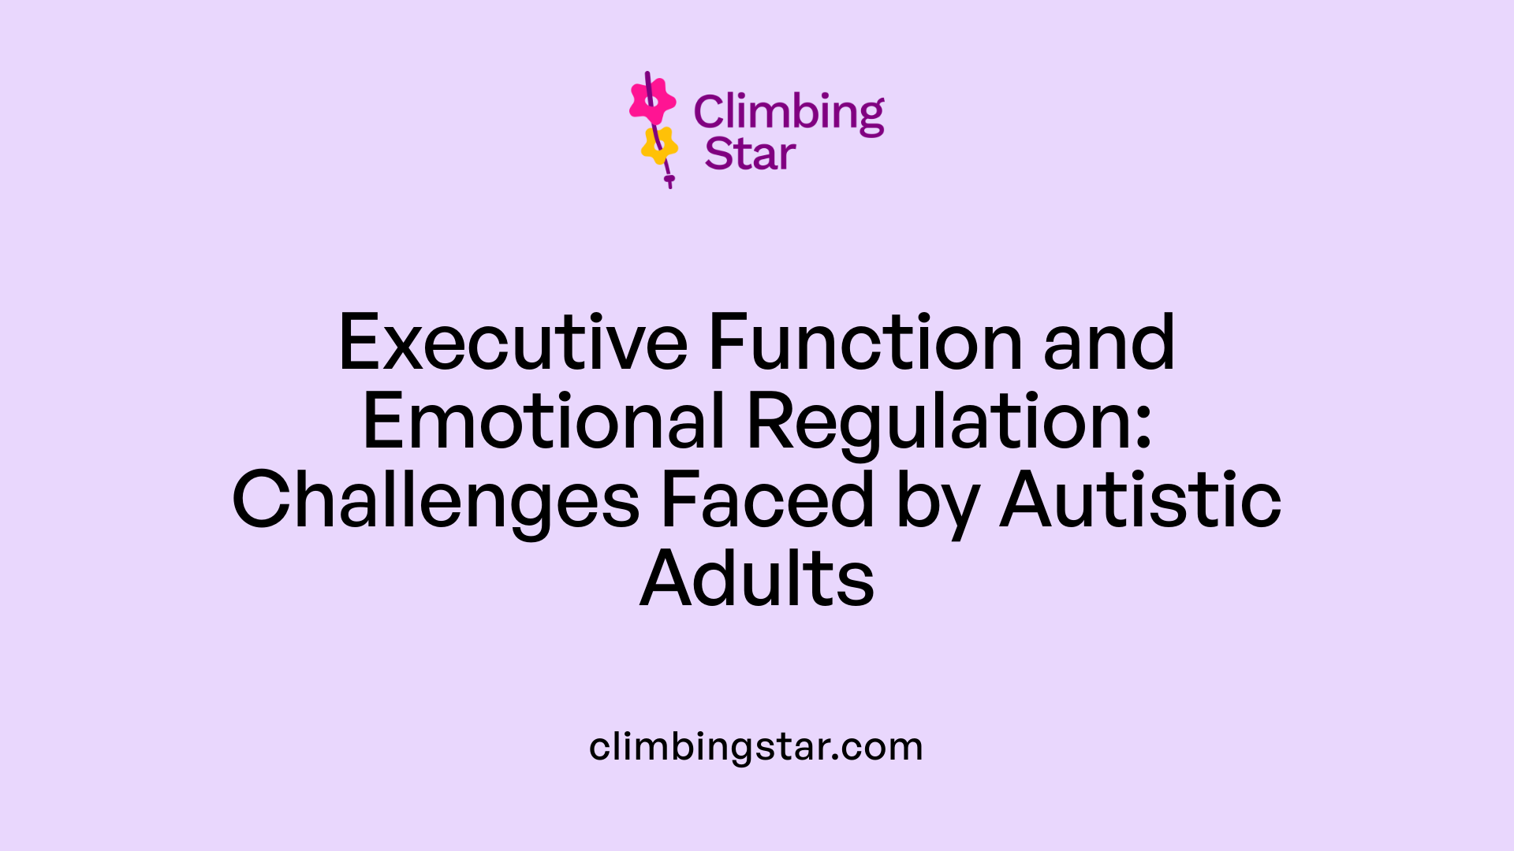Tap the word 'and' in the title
click(1109, 344)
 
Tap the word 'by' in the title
click(938, 504)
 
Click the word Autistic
click(1140, 500)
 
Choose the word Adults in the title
click(757, 579)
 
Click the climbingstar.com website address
click(755, 747)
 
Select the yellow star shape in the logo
click(659, 146)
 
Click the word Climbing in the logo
click(789, 113)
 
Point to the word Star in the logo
click(750, 154)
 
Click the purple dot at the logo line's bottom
click(669, 180)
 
